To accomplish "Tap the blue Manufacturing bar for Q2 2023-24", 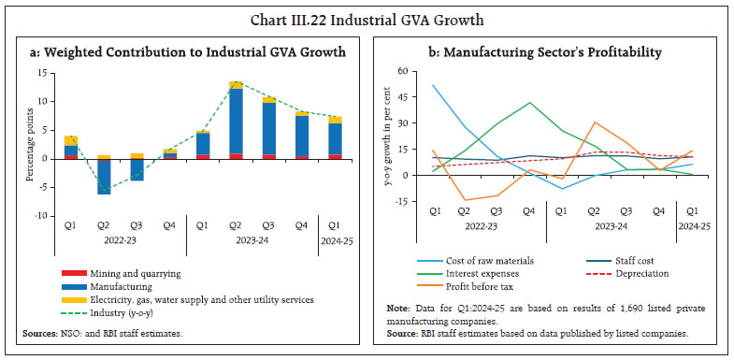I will pyautogui.click(x=237, y=122).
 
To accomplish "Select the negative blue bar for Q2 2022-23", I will pyautogui.click(x=104, y=176).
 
